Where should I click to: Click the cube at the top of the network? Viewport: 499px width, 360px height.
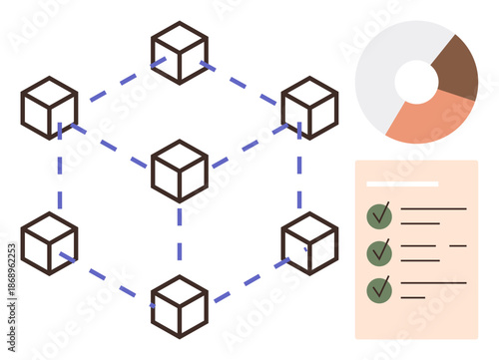(180, 52)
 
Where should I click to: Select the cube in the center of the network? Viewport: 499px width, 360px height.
(180, 171)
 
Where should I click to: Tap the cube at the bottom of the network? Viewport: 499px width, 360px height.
(180, 306)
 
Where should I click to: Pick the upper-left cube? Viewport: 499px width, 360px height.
(49, 108)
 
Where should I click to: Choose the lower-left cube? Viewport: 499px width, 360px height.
(49, 242)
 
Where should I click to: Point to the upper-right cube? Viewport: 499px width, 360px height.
(309, 108)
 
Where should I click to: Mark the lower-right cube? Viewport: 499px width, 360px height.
(309, 242)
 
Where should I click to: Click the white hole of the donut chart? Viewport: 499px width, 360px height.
(416, 82)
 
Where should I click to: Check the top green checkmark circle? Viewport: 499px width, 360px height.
(379, 214)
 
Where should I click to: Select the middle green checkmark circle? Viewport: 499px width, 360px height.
(379, 252)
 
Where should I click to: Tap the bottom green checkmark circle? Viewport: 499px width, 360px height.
(379, 289)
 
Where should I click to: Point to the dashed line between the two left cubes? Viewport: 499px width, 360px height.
(59, 175)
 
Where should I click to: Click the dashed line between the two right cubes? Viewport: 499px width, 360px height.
(299, 175)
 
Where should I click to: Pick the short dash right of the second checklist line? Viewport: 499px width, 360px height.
(458, 245)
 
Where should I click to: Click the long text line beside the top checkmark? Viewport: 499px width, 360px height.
(433, 208)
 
